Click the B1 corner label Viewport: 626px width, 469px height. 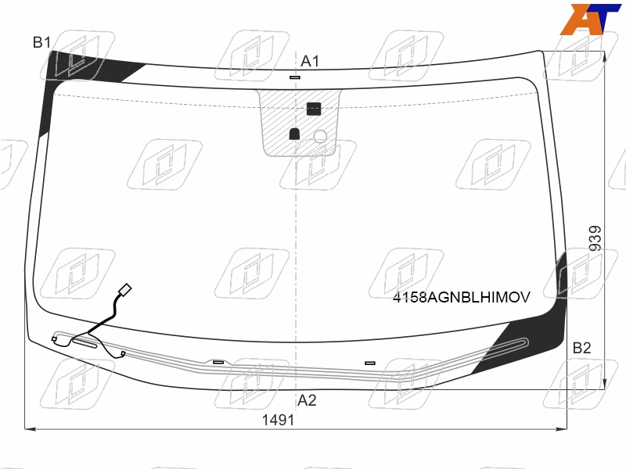tap(41, 42)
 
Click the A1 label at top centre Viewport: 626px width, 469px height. tap(310, 61)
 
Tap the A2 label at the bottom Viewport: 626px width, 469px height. tap(307, 400)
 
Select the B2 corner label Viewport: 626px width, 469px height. tap(581, 348)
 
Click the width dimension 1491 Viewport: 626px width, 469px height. tap(278, 420)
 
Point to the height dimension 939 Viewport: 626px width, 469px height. tap(595, 238)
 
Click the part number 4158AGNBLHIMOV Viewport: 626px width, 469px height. tap(462, 297)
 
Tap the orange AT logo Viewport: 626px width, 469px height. tap(590, 19)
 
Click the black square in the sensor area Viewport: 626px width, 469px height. tap(314, 109)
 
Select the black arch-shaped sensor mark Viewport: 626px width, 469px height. tap(294, 134)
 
